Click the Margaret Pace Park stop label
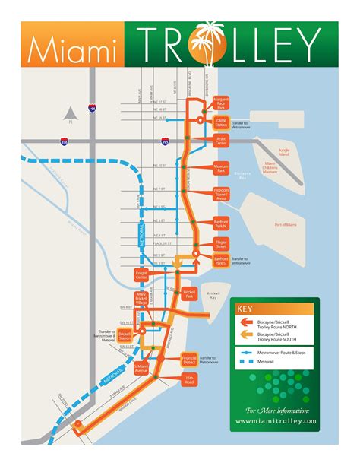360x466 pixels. (222, 103)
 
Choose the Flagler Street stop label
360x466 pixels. (222, 245)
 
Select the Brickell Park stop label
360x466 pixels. (190, 293)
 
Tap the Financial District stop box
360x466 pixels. (190, 357)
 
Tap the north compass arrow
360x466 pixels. (70, 111)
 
